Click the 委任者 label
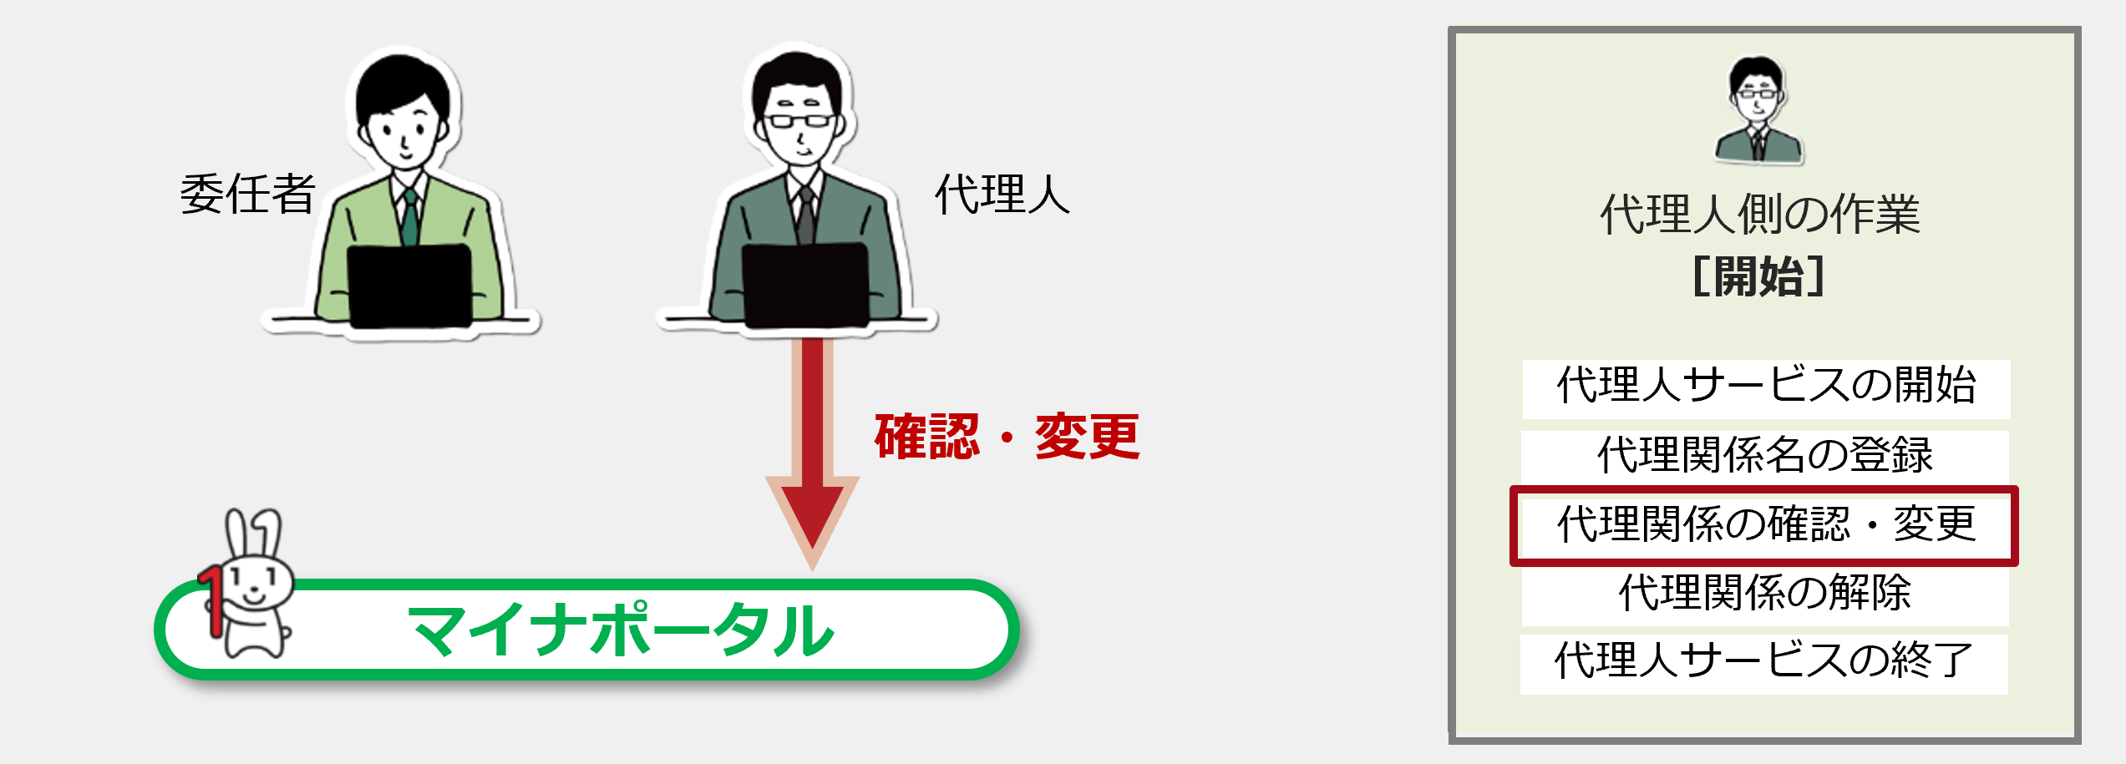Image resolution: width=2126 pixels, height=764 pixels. [248, 195]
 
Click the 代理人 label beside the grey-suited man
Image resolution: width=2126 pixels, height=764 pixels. [1002, 195]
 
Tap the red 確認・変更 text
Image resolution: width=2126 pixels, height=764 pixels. [1007, 437]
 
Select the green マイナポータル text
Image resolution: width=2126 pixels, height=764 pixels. [621, 630]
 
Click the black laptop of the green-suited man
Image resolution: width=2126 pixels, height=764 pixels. [409, 286]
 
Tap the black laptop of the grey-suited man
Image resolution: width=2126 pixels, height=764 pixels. [805, 285]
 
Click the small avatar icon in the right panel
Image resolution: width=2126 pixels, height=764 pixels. [1758, 109]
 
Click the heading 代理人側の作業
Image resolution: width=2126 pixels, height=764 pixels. [1760, 215]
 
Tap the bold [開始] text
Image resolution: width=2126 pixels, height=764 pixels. [1758, 276]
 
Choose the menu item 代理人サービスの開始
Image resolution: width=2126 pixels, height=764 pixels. [1766, 386]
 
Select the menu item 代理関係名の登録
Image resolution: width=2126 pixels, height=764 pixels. [1765, 456]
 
